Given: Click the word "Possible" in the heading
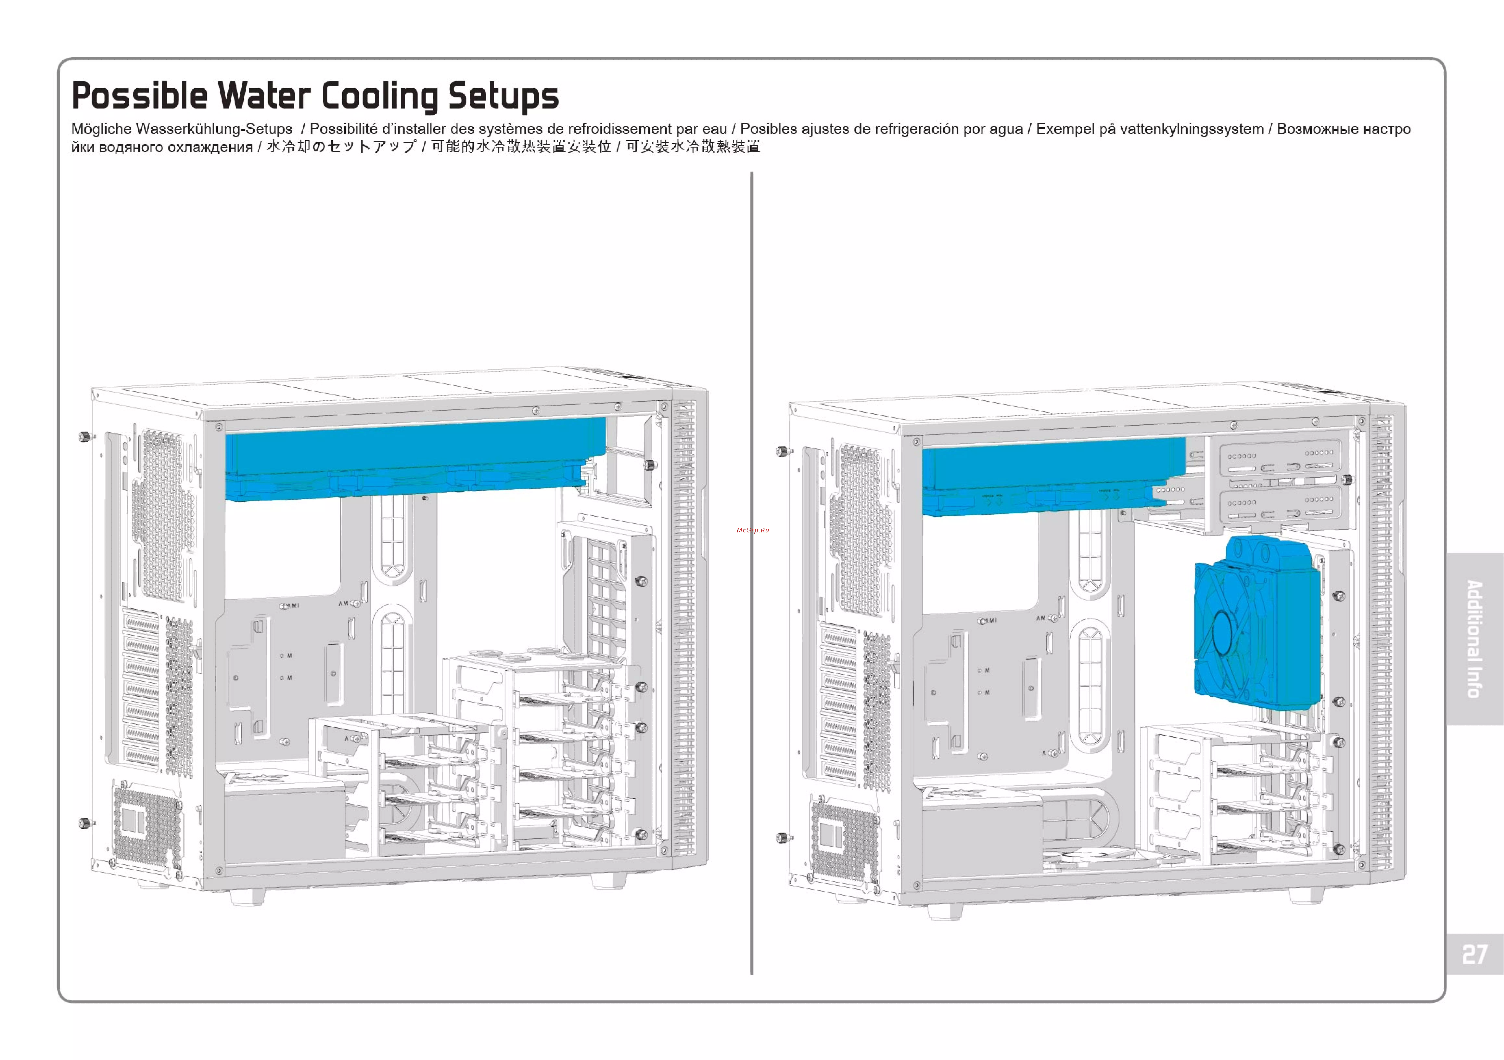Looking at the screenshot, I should (139, 96).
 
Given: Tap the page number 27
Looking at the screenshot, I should (1475, 955).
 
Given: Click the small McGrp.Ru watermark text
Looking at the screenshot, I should (752, 530).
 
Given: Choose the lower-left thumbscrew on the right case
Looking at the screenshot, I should (781, 838).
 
